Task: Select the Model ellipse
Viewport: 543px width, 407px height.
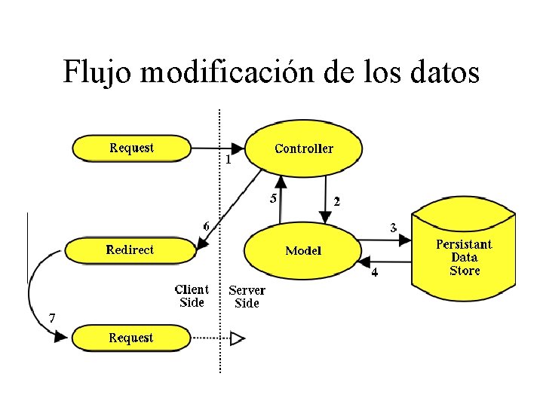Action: pos(302,250)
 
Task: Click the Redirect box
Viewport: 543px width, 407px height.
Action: pos(130,250)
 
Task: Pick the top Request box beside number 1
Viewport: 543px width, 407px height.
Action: pos(131,148)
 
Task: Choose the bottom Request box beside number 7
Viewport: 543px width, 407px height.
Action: pos(131,338)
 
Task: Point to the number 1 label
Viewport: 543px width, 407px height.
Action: pos(228,160)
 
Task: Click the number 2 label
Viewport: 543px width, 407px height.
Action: pos(336,201)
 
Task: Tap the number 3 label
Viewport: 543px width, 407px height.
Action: pos(393,227)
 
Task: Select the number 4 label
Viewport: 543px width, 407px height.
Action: pos(375,271)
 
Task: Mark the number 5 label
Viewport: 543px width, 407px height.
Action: pos(273,199)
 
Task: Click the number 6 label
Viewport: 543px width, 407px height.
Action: pos(207,225)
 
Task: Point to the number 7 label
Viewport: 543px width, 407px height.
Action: pos(51,318)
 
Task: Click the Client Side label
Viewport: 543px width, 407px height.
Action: pos(192,295)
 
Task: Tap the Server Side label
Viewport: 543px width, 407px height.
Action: pos(247,296)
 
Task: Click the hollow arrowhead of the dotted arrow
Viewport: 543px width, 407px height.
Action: pos(238,338)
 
